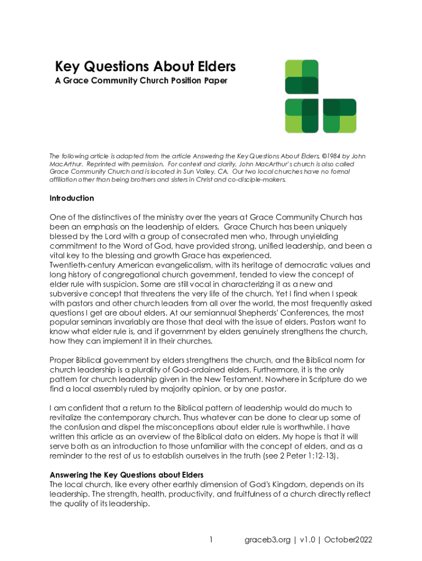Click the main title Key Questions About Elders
point(145,67)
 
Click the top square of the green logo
point(301,77)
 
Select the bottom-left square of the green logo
point(301,116)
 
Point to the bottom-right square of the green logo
point(340,116)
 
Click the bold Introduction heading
point(72,198)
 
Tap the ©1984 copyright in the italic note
point(334,156)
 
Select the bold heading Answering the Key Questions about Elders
point(127,474)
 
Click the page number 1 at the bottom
point(211,540)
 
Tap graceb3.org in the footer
point(267,540)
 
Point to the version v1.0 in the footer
point(306,540)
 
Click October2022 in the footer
point(349,540)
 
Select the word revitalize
point(67,417)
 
